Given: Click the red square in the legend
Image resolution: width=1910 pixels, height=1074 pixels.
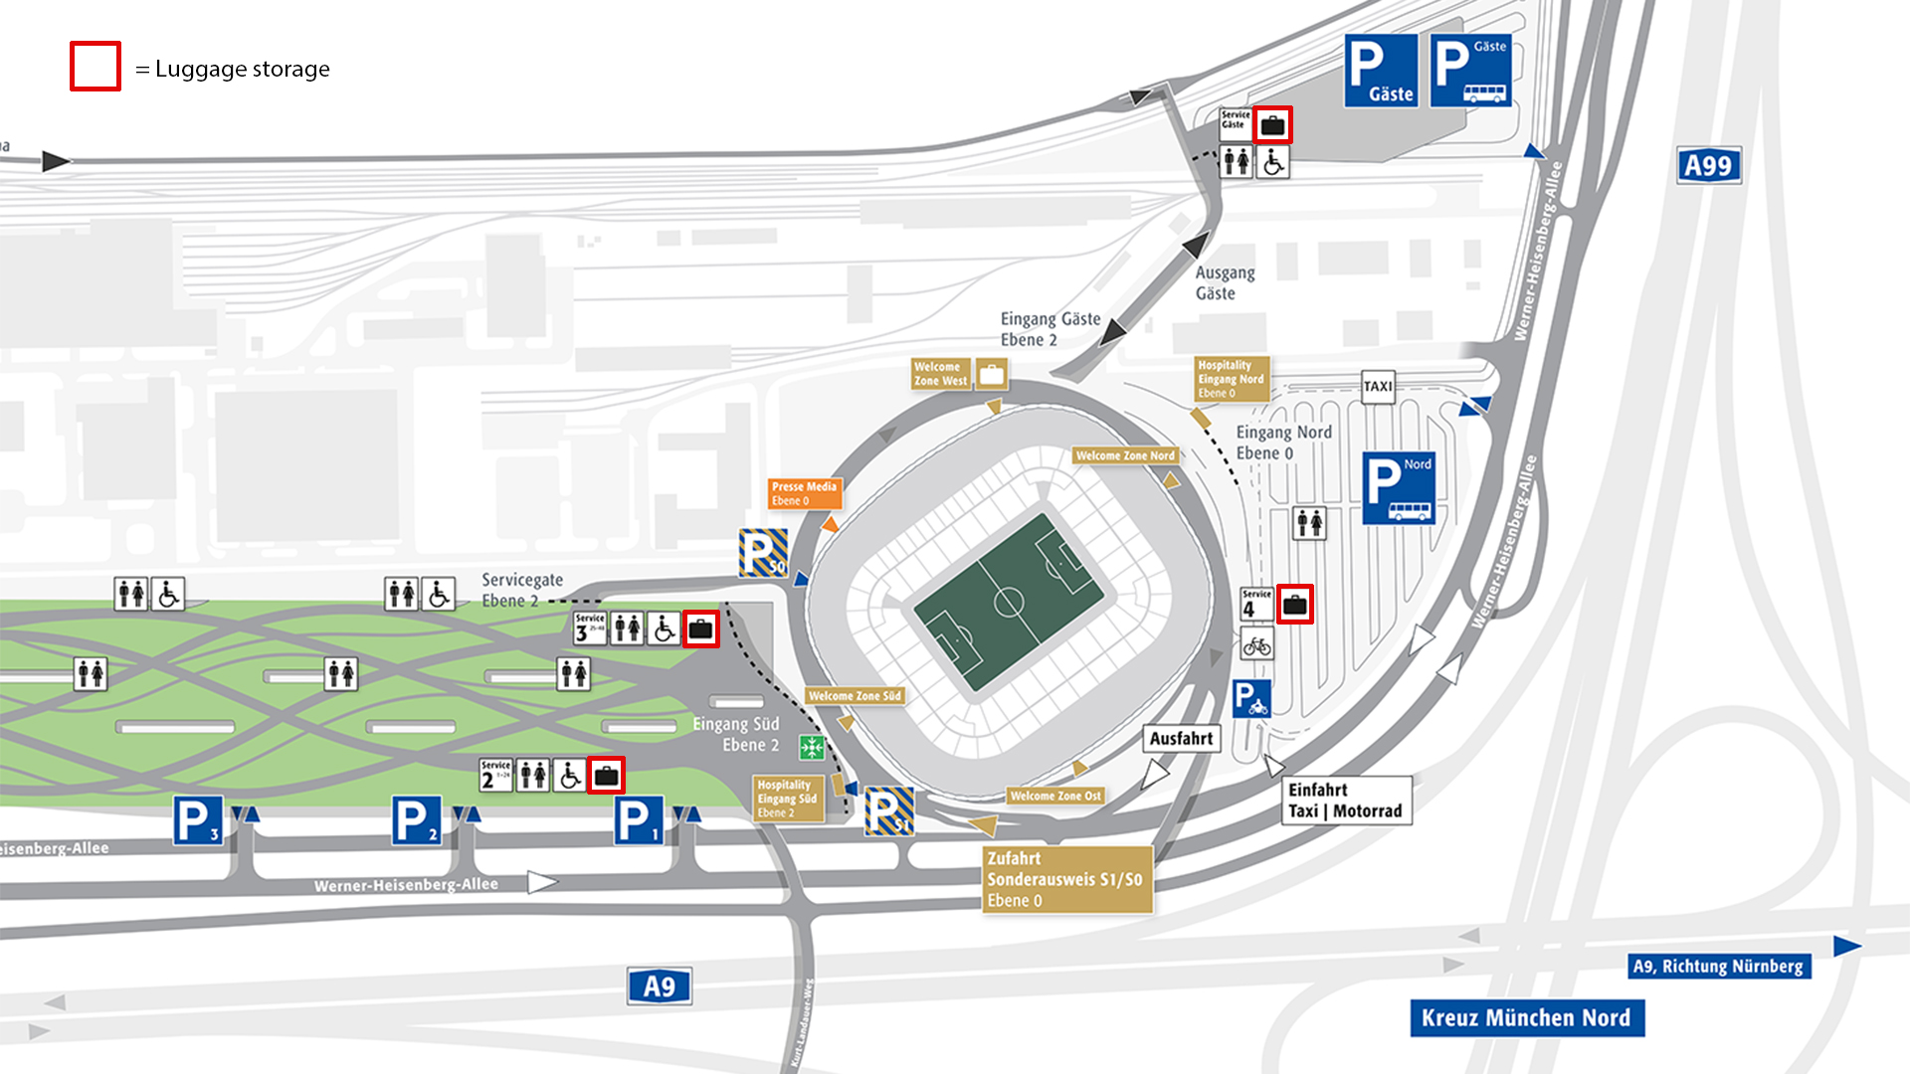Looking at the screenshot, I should [x=95, y=67].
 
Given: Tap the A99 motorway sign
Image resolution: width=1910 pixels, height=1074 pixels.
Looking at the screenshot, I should [x=1708, y=166].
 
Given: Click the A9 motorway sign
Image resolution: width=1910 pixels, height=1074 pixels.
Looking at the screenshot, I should [x=659, y=986].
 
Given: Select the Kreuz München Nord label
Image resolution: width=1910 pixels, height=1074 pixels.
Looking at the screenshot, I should [x=1526, y=1018].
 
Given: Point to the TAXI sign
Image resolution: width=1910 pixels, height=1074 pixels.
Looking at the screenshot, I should [x=1378, y=386].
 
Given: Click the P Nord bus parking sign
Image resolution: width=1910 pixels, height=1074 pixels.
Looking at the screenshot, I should [x=1398, y=487].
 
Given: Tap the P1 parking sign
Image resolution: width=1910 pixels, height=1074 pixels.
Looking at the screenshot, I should [x=638, y=821].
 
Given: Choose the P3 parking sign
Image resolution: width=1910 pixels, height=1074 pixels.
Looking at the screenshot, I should [x=198, y=821].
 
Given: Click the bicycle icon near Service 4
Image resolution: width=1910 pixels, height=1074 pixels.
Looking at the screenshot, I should [x=1257, y=646].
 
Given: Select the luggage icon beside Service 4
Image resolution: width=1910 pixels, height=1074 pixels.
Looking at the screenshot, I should [x=1294, y=605].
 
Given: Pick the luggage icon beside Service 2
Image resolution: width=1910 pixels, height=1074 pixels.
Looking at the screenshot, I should [x=606, y=775].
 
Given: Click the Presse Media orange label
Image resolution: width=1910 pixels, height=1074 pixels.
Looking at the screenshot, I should [x=804, y=493].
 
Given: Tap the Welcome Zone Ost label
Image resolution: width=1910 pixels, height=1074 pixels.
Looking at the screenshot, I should [x=1055, y=796].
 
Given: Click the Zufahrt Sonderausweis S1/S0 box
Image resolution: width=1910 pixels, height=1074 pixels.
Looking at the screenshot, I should [x=1066, y=879].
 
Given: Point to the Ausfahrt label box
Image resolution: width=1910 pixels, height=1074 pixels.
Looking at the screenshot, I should [x=1181, y=739].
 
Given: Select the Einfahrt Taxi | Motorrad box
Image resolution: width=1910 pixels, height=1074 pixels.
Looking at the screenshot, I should [x=1345, y=801].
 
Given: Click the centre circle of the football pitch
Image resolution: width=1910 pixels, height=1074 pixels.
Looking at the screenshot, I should [x=1009, y=603].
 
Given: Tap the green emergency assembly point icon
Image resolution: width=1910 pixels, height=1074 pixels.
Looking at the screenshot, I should [x=812, y=747].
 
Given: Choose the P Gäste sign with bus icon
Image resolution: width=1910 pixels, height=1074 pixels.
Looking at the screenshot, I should [x=1470, y=71].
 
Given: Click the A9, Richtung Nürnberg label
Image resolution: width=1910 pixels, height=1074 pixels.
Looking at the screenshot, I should [x=1718, y=966].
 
